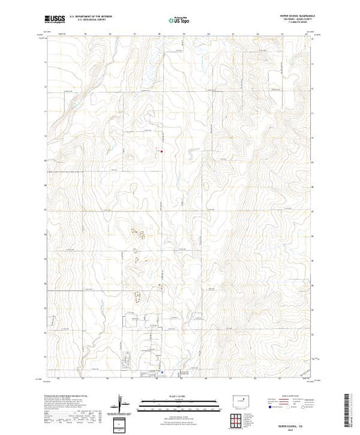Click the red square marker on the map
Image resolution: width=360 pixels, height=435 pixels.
point(162,151)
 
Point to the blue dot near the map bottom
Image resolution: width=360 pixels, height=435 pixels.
point(162,375)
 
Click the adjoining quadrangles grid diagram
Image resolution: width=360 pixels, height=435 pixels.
point(241,419)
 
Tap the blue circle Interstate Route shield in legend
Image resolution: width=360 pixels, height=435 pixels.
point(266,407)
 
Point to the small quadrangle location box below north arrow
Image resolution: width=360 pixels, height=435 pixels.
point(122,423)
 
